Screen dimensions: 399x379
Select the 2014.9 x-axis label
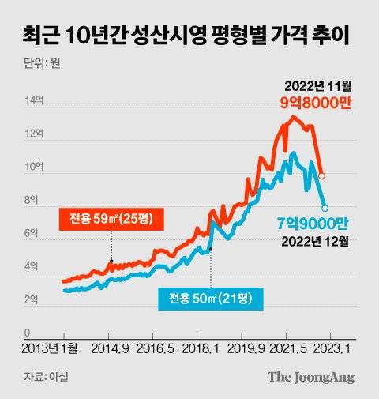(110, 349)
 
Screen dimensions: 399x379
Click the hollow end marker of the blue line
(325, 207)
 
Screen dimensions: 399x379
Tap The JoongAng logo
(310, 377)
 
